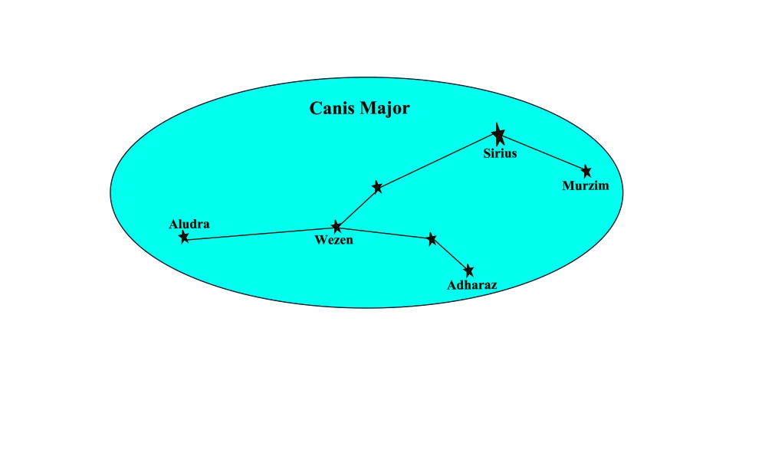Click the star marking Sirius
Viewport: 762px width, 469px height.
click(x=499, y=136)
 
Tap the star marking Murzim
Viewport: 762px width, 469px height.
click(x=586, y=171)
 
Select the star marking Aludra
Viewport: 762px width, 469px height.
click(x=184, y=238)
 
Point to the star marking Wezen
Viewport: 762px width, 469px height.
click(x=337, y=227)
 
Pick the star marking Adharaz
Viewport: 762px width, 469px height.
click(x=469, y=271)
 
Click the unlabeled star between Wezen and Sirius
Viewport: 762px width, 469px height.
click(x=377, y=187)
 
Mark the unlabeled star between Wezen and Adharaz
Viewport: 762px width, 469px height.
click(x=432, y=239)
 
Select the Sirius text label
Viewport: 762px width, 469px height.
click(x=500, y=153)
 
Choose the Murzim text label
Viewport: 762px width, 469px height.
click(x=585, y=185)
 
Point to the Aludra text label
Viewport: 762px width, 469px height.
click(x=189, y=224)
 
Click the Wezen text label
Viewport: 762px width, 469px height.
click(x=333, y=241)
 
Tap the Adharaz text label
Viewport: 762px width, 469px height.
click(x=472, y=285)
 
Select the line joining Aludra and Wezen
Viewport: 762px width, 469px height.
click(x=261, y=234)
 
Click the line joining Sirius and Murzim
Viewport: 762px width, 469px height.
click(x=543, y=153)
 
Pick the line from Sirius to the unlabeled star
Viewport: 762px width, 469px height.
click(x=438, y=162)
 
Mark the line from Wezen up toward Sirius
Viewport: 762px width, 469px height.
click(x=357, y=207)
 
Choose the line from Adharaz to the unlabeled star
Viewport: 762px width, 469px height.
click(x=451, y=255)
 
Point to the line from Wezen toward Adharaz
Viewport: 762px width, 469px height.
click(x=384, y=233)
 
